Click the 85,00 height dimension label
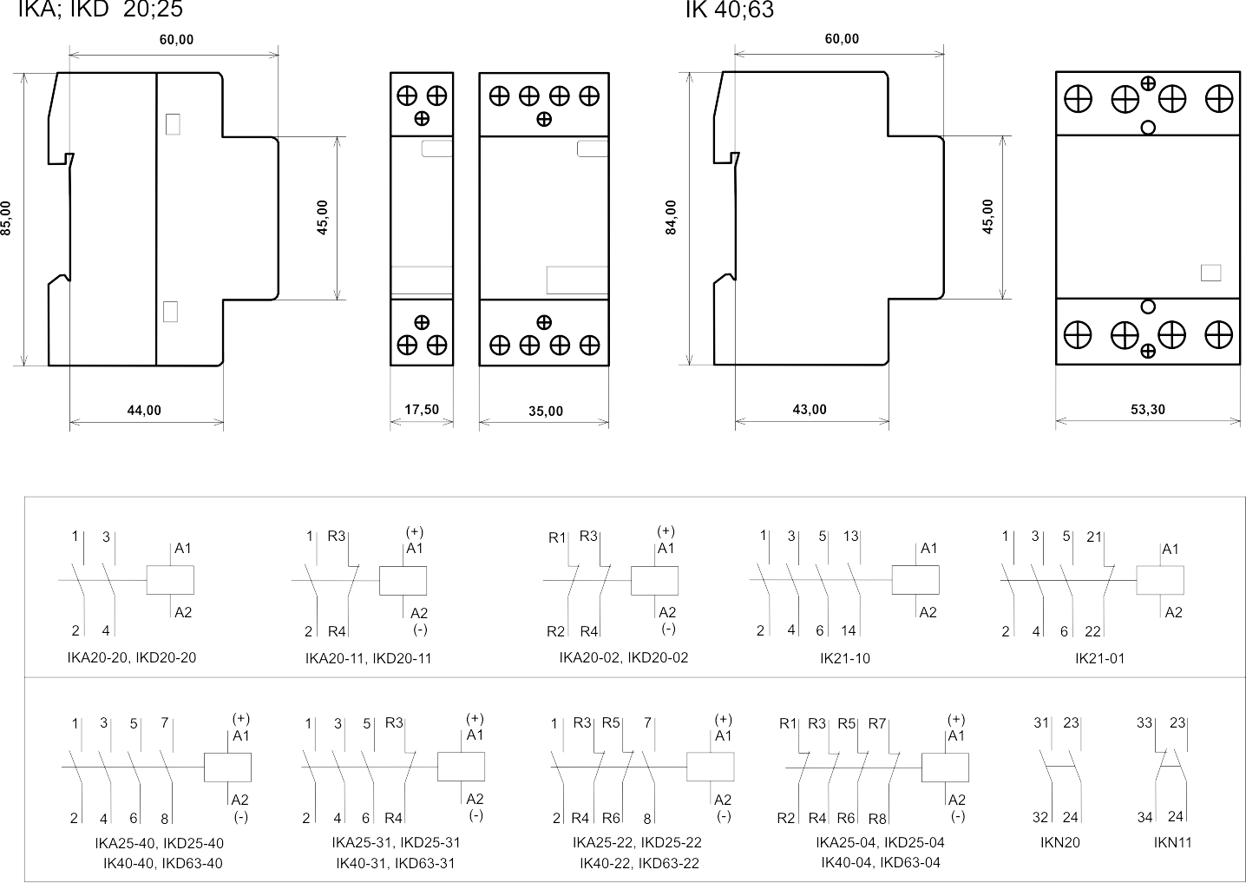pos(5,218)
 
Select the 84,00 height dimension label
pos(672,218)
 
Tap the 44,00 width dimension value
pos(144,411)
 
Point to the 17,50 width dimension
pos(422,410)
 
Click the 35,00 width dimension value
pos(546,412)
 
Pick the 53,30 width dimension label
pos(1148,410)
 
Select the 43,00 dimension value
pos(810,410)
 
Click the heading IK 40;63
pos(729,10)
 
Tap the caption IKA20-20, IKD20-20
pos(132,657)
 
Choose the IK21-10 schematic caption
pos(845,659)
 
